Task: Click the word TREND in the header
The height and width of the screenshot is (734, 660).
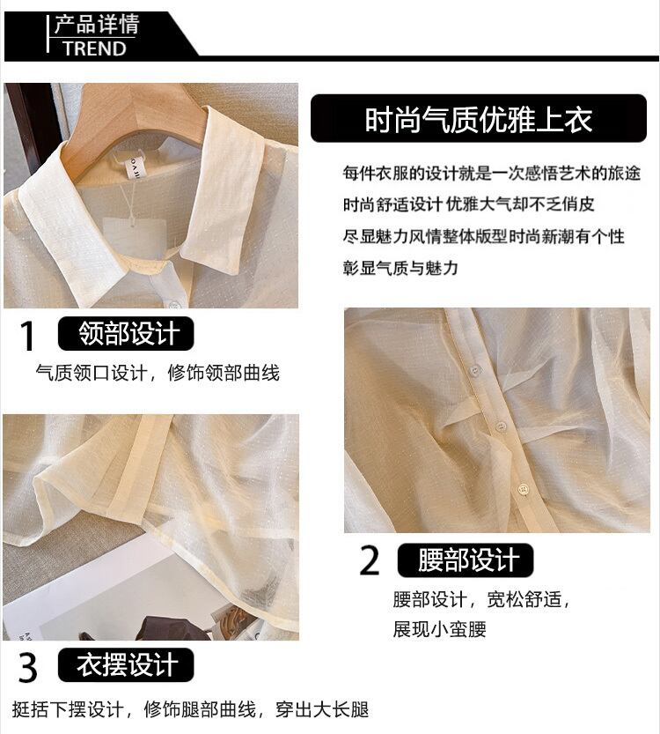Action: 95,48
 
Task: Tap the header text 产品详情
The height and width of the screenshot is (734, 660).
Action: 96,25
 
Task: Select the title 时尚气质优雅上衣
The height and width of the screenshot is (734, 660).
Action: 478,119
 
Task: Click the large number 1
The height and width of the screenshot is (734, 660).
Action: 27,335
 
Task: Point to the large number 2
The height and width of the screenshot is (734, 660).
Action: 370,560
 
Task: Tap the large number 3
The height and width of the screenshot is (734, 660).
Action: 27,668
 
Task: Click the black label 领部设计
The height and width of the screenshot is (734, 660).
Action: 126,333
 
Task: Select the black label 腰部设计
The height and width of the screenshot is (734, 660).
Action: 466,560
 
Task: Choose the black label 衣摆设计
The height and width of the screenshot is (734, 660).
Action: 126,664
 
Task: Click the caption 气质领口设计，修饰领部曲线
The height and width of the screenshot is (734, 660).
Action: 158,373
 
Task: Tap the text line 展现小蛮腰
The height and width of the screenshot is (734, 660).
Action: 439,629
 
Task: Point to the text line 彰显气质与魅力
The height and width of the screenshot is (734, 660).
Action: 400,268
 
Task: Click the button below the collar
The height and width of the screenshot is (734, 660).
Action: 174,305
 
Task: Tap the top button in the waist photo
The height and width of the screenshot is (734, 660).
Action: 475,370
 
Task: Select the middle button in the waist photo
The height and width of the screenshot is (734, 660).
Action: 501,426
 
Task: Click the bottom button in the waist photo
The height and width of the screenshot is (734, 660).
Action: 524,490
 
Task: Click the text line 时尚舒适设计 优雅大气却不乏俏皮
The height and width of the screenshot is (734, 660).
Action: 468,204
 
